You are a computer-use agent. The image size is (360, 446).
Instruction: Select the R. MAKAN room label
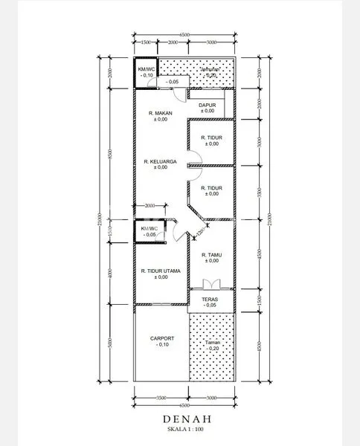coord(161,113)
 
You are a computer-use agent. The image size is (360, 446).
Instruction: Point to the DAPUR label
coord(207,106)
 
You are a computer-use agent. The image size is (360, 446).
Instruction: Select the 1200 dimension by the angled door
coord(199,232)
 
